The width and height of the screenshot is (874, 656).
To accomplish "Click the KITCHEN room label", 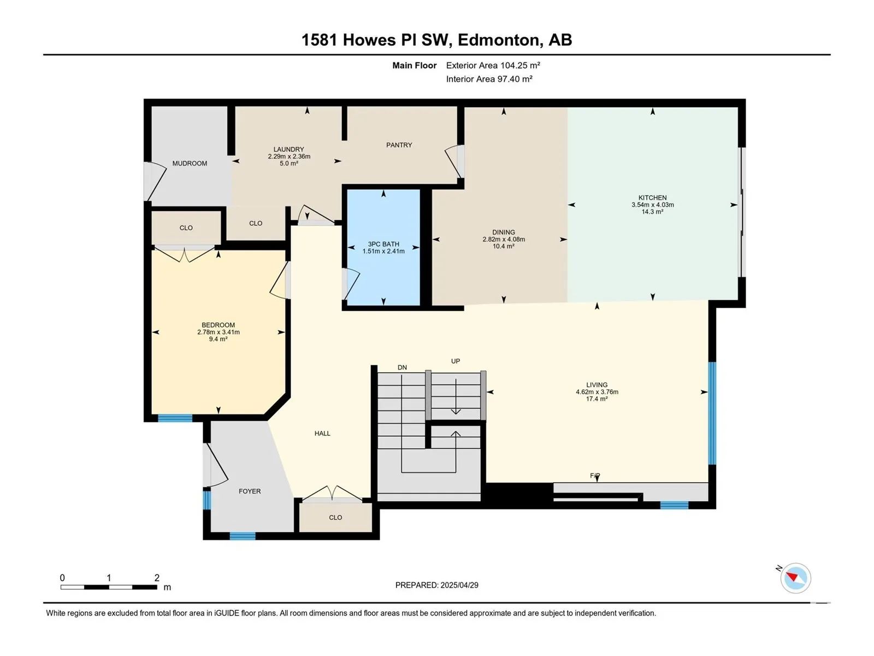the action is pos(652,197).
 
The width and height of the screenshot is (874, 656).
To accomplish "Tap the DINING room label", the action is pos(503,232).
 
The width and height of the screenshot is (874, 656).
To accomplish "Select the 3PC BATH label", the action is pos(383,244).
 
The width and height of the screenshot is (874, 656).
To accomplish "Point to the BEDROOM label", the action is pos(218,325).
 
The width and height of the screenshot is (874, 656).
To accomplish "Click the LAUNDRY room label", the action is pos(288,150).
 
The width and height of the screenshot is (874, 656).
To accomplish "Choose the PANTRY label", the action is pos(399,145).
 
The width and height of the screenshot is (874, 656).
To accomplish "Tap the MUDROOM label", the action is pos(190,163).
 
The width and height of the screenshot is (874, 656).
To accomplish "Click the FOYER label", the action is pos(250,491).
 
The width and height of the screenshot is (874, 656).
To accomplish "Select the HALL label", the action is pos(322,434).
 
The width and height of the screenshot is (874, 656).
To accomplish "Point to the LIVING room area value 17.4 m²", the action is pos(597,399).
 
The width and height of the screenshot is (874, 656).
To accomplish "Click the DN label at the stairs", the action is pos(402,367).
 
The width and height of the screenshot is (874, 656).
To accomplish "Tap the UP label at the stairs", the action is pos(456,361).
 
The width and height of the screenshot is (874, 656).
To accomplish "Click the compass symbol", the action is pos(795,578).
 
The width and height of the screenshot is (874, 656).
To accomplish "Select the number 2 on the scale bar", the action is pos(157,577).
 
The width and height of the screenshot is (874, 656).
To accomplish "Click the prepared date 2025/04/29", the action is pos(459,585).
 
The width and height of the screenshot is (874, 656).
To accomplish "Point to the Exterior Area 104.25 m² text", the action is pos(493,65).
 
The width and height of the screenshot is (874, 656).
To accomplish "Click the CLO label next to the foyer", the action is pos(335,517).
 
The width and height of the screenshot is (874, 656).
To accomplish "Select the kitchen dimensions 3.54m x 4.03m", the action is pos(652,204).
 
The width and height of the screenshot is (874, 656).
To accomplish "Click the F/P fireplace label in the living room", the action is pos(595,476).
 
